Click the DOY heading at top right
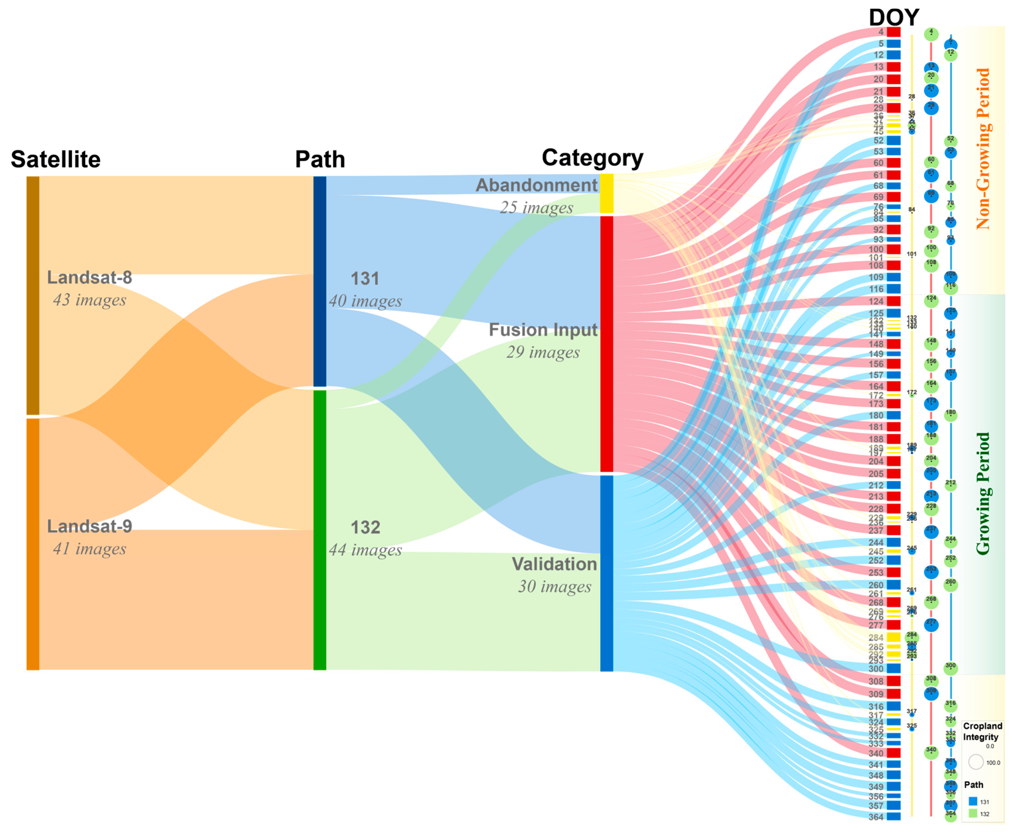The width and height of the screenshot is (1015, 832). (894, 18)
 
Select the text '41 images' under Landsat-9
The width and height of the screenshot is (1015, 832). (90, 549)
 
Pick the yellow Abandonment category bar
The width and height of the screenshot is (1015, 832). (607, 194)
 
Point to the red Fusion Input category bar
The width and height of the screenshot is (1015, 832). (607, 344)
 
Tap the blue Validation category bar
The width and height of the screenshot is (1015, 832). (607, 573)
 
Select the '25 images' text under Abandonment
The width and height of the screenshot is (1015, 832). (537, 208)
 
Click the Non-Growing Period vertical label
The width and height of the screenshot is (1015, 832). (983, 149)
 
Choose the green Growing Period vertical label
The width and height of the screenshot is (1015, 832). (983, 494)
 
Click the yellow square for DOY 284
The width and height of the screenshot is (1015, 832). (893, 637)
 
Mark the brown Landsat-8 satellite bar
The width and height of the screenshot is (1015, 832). (33, 295)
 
